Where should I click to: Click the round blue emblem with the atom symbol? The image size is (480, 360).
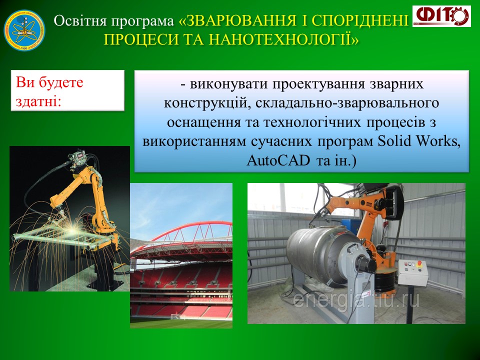click(24, 30)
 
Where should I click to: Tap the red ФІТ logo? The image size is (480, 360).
click(441, 16)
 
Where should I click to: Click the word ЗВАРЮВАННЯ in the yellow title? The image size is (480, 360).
click(241, 20)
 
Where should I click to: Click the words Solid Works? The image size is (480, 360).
click(419, 141)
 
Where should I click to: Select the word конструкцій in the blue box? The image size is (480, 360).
click(207, 103)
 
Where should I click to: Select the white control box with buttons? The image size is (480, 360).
click(413, 272)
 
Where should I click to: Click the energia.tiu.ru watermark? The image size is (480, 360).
click(356, 299)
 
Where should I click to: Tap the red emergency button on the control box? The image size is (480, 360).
click(419, 263)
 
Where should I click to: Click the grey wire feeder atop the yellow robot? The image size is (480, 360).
click(78, 158)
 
